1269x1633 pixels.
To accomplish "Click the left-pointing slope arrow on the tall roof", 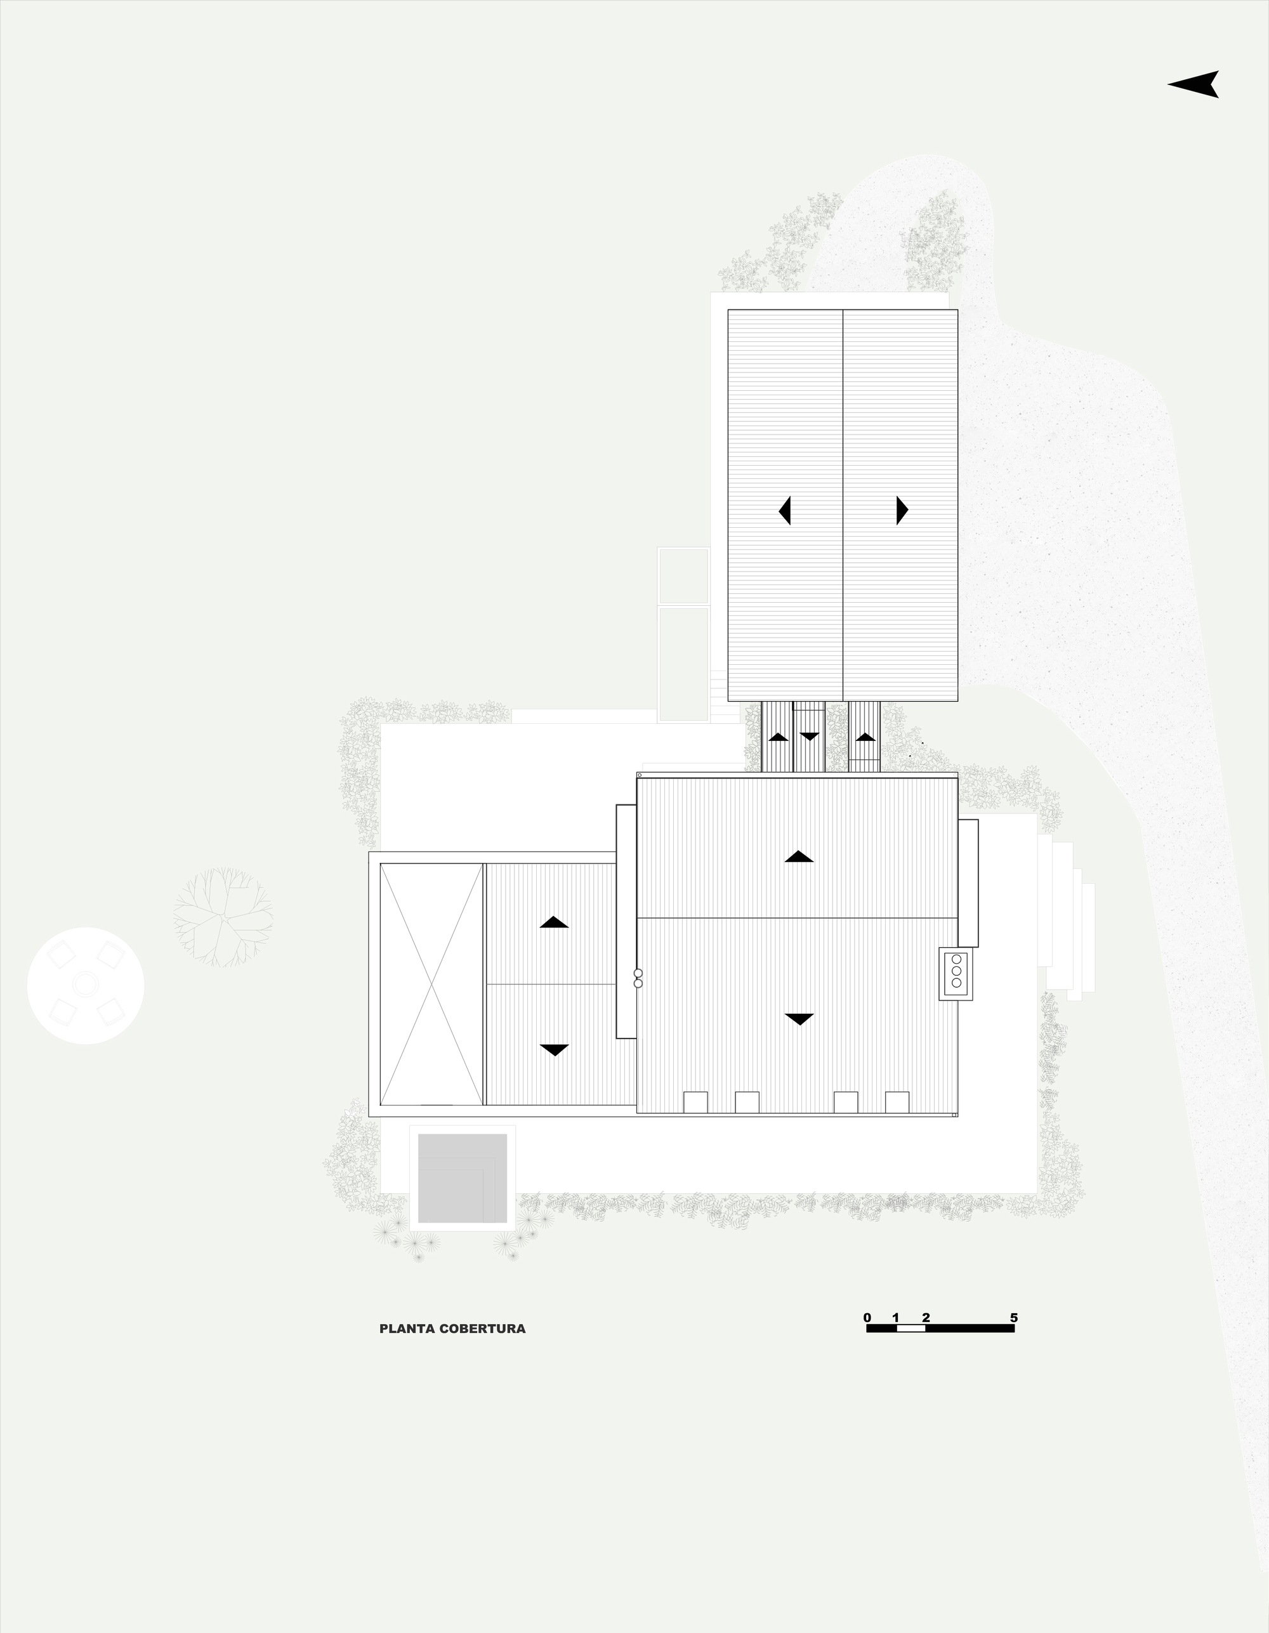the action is [784, 511].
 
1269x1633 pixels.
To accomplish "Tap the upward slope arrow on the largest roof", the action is [799, 857].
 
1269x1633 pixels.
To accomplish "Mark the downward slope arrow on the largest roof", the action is [799, 1019].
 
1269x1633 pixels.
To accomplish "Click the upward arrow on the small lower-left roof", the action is [554, 922].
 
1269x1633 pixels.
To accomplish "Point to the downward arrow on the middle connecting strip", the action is [809, 737].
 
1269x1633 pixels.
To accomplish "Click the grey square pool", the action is [462, 1178].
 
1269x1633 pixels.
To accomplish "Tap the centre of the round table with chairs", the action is [86, 985].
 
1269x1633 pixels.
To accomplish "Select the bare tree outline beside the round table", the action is [223, 917].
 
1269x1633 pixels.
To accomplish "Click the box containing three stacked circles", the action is [956, 973].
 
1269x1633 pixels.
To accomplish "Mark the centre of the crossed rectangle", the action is [431, 984].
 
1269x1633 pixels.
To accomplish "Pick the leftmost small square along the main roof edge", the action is [695, 1102].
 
